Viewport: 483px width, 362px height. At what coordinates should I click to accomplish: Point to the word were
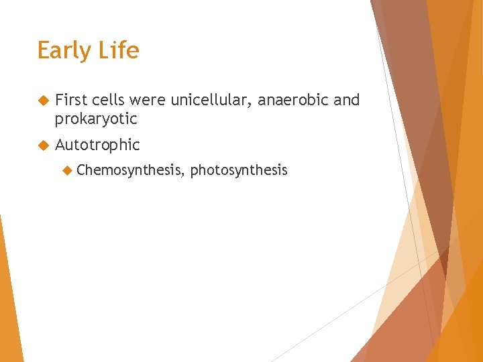148,101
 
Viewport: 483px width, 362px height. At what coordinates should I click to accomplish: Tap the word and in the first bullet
347,101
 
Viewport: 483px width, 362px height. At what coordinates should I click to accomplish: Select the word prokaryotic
96,119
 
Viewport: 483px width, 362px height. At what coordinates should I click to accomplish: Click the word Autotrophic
97,145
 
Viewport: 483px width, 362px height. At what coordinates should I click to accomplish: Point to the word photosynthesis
239,170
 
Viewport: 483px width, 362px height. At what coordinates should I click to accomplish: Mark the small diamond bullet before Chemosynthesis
67,170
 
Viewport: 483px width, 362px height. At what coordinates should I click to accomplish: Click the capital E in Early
44,51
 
